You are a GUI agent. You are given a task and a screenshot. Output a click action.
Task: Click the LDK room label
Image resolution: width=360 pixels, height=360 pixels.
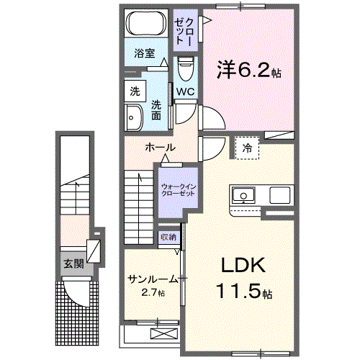coord(237,266)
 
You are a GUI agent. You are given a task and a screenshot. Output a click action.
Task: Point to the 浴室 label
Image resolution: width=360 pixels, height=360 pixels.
coord(144,53)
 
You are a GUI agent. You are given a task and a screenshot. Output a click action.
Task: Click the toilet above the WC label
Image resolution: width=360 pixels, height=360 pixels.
coord(185,71)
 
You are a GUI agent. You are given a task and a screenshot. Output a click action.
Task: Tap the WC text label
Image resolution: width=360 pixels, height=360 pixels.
coord(185,91)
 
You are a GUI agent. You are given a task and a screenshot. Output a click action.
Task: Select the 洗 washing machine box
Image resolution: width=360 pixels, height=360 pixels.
coord(135,91)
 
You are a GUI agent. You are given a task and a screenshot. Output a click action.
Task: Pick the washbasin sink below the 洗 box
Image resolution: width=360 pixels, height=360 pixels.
coord(134,117)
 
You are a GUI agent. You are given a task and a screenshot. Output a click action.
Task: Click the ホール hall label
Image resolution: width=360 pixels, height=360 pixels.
coord(160,148)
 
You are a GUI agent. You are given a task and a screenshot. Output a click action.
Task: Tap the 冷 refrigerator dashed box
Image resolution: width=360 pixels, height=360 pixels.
coord(247,147)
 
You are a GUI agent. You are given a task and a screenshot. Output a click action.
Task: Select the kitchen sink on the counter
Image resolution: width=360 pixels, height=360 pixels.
coord(242,195)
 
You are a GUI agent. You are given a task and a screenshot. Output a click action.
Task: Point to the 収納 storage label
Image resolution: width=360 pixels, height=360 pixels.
coord(168,237)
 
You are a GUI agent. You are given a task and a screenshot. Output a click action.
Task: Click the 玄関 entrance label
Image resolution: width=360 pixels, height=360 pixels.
coord(73,264)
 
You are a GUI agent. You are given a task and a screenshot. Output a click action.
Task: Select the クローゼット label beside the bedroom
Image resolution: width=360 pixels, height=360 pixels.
coord(184,28)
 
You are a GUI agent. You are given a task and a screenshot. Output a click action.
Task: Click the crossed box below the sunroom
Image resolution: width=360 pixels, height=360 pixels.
coord(165,333)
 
